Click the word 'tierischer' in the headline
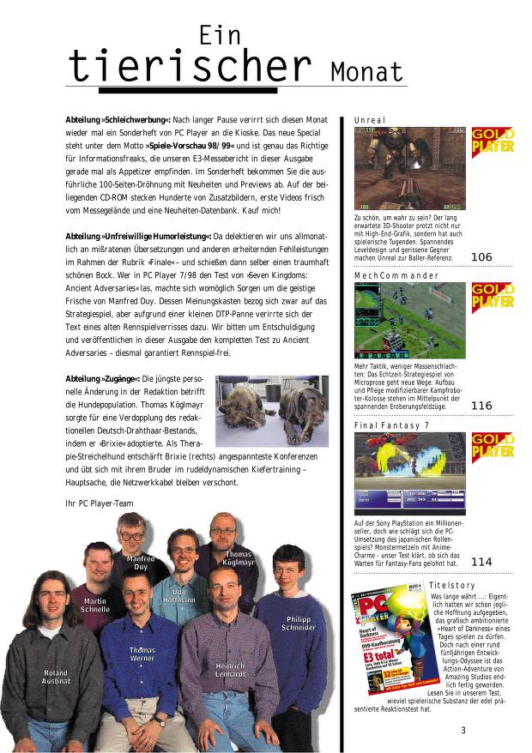(189, 65)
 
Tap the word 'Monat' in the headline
(366, 70)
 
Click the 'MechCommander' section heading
(396, 275)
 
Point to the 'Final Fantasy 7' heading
(392, 425)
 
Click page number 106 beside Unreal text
(481, 256)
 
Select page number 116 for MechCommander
(481, 406)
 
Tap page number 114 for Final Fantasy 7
(481, 562)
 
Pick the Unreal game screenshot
(410, 169)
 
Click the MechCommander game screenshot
(410, 320)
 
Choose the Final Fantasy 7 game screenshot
(410, 473)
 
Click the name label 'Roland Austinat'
(56, 677)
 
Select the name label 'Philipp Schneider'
(299, 623)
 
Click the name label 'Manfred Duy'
(140, 563)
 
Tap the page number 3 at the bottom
(462, 731)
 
